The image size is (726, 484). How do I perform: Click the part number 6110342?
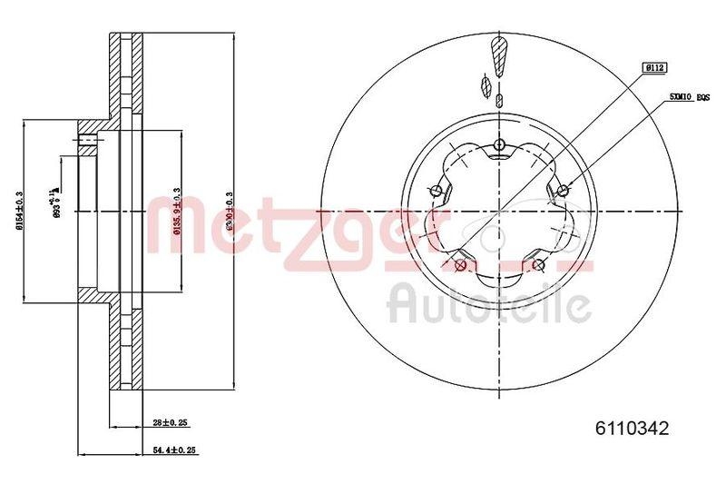pos(632,429)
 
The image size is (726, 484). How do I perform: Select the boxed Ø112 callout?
pos(654,67)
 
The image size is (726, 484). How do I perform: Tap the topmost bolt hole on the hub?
pos(499,144)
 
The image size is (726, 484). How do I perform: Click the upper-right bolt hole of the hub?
pos(564,190)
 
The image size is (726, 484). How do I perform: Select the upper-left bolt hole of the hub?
pos(436,190)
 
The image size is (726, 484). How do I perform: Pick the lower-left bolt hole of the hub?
pos(460,265)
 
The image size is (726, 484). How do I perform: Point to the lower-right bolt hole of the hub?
pos(539,265)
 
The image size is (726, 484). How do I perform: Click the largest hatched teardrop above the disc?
pos(498,54)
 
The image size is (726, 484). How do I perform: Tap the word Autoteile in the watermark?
pos(489,305)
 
